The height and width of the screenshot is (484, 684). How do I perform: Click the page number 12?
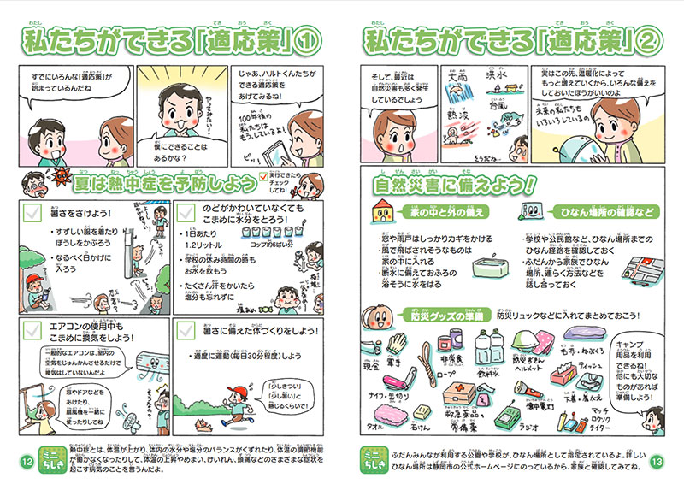tap(26, 462)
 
